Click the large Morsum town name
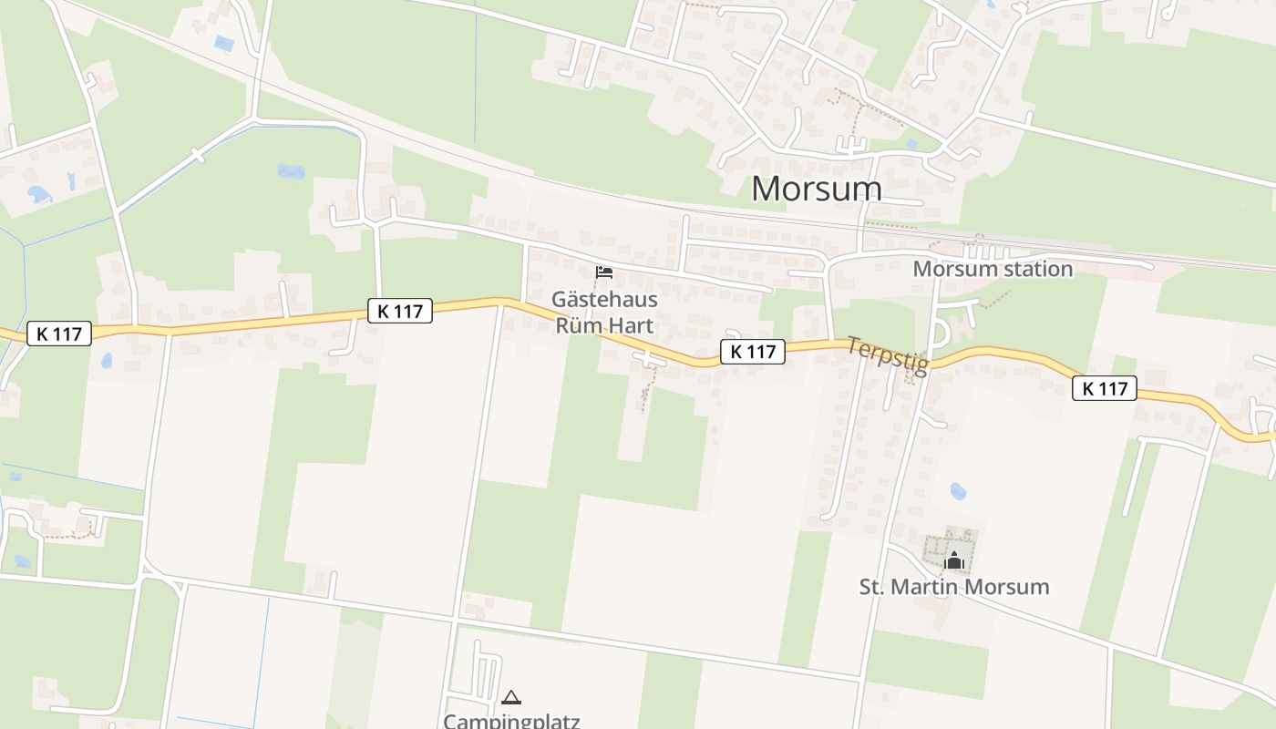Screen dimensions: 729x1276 click(x=817, y=189)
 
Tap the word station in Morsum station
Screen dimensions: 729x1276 click(x=1033, y=269)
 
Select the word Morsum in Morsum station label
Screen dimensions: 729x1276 click(x=951, y=269)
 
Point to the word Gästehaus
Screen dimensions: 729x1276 click(x=604, y=299)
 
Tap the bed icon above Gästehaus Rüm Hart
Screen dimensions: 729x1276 click(x=603, y=272)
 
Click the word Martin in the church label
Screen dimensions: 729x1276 click(x=927, y=586)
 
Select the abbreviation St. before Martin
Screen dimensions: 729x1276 click(x=873, y=586)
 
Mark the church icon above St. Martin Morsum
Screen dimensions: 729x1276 click(x=954, y=560)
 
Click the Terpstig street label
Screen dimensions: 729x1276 click(x=887, y=356)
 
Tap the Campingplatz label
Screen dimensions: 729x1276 click(x=511, y=721)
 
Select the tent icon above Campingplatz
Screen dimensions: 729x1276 click(x=511, y=698)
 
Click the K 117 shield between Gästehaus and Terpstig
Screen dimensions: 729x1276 click(x=753, y=352)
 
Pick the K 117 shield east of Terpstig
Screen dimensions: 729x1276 click(x=1105, y=388)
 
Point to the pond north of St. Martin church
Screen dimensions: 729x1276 click(x=958, y=491)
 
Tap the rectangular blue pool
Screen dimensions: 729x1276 click(x=223, y=43)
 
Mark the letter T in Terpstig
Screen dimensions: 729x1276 click(x=855, y=344)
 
